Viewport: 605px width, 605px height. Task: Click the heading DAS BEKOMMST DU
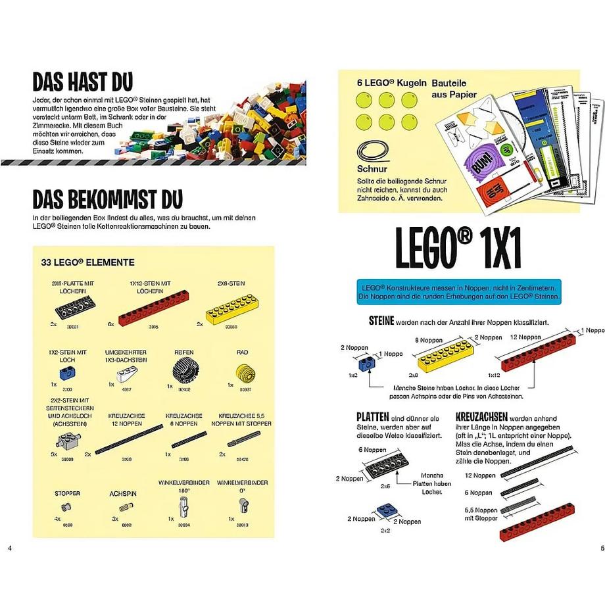coord(108,199)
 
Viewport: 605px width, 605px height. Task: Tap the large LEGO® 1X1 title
coord(458,249)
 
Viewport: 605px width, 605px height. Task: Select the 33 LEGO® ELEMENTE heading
coord(87,262)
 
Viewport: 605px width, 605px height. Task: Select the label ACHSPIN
coord(124,493)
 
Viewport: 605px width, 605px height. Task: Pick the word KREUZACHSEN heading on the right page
coord(479,418)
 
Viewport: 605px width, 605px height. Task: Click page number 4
coord(9,548)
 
